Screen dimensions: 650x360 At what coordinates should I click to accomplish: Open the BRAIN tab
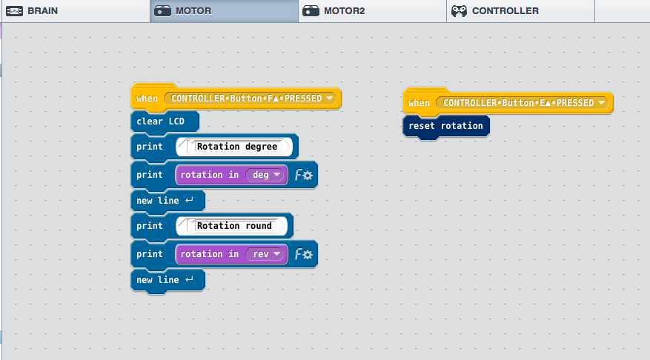(75, 11)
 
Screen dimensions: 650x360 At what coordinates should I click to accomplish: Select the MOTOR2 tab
(372, 11)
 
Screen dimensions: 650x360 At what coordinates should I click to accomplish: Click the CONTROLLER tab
(520, 11)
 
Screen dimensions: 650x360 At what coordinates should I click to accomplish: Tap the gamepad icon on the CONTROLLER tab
(459, 11)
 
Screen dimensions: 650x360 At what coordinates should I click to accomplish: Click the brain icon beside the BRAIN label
(15, 11)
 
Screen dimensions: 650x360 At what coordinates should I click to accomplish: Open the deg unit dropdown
(266, 175)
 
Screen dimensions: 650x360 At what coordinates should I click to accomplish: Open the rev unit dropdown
(266, 254)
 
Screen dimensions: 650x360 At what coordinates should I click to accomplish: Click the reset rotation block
(446, 126)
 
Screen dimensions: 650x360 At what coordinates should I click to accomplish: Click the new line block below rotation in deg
(168, 201)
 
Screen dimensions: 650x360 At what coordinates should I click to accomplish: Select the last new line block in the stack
(168, 280)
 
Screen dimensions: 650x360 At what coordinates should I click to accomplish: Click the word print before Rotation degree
(150, 147)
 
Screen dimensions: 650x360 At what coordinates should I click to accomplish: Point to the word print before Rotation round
(150, 226)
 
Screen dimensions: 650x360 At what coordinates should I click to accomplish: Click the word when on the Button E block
(419, 103)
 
